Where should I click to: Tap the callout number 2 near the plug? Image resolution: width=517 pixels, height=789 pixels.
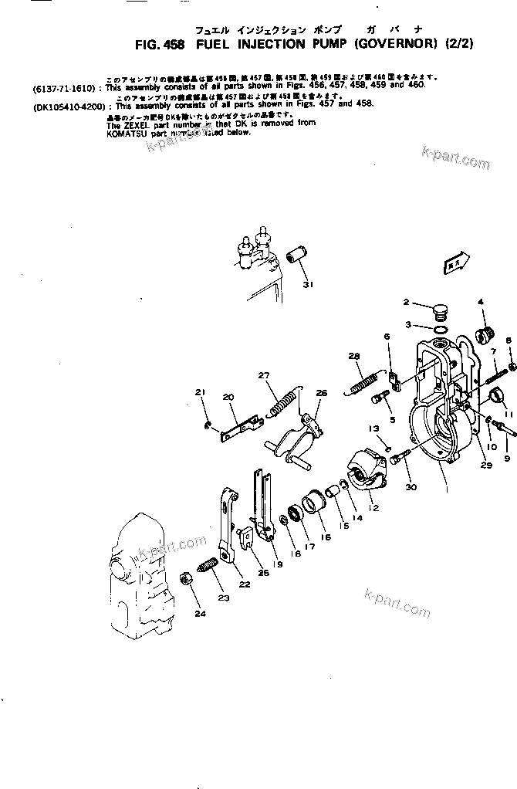click(x=405, y=302)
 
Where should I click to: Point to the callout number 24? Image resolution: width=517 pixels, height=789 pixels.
click(x=200, y=615)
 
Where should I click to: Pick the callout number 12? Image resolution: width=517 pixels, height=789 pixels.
click(x=373, y=508)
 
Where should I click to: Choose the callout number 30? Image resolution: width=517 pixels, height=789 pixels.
click(x=410, y=487)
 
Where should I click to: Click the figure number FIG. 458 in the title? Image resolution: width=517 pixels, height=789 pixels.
click(x=161, y=45)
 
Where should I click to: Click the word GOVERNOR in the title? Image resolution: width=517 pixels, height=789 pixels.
click(x=400, y=45)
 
